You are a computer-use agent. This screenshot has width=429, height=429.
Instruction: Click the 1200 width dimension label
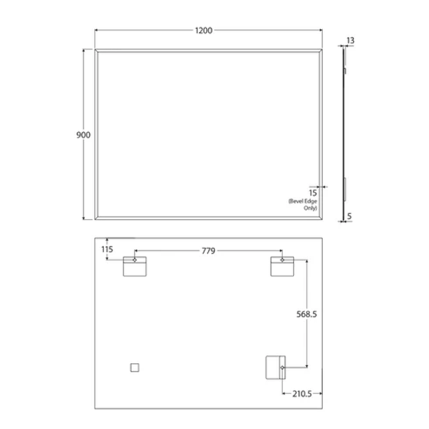[205, 31]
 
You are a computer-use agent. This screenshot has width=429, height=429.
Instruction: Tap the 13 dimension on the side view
[350, 40]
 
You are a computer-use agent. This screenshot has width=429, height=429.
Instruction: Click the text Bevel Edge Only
[303, 205]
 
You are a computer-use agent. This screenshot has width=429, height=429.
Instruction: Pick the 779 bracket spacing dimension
[209, 250]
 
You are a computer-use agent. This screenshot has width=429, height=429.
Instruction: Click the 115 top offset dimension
[108, 249]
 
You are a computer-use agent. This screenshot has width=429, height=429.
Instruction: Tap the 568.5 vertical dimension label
[306, 314]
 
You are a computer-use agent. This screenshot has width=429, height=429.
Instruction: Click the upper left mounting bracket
[135, 267]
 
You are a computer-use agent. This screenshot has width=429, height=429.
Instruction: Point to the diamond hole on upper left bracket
[135, 260]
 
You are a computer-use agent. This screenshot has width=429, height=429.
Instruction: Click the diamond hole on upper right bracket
[282, 260]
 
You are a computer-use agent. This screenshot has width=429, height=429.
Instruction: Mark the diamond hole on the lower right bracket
[282, 367]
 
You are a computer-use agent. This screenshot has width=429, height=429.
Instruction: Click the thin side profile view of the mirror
[344, 135]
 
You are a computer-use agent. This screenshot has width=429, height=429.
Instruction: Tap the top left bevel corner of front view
[96, 50]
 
